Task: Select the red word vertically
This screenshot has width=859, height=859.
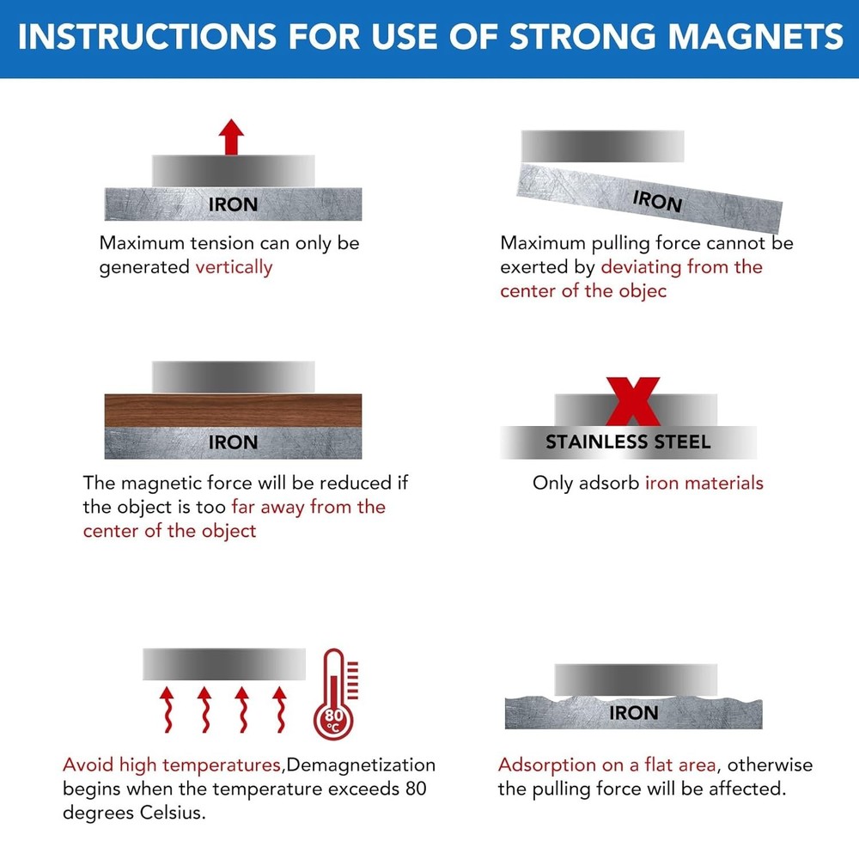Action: [234, 267]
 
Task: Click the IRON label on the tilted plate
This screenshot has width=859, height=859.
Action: [657, 201]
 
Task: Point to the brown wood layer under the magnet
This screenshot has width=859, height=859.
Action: [233, 410]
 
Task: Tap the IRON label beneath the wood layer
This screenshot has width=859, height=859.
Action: [233, 442]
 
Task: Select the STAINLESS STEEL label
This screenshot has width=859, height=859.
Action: [628, 442]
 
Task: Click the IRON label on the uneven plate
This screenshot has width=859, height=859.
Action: [633, 713]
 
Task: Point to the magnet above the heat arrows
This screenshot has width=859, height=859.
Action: [223, 664]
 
